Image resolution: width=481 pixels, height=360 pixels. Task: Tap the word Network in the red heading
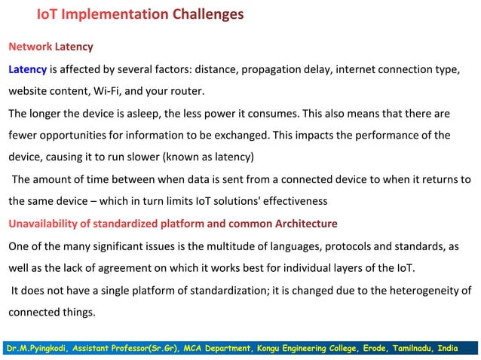pyautogui.click(x=30, y=47)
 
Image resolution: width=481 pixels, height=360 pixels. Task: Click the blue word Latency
pyautogui.click(x=28, y=70)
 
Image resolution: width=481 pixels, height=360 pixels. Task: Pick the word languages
pyautogui.click(x=263, y=246)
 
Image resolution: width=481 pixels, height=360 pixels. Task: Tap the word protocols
pyautogui.click(x=314, y=246)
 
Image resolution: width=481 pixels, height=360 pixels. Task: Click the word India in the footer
pyautogui.click(x=462, y=348)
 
